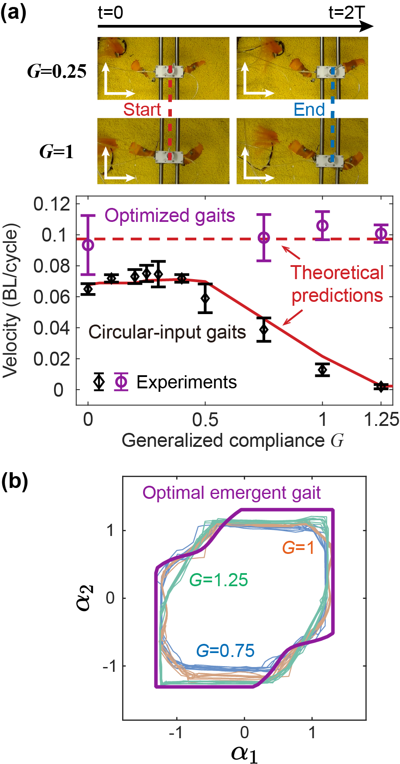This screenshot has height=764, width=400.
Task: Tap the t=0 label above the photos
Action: pyautogui.click(x=111, y=13)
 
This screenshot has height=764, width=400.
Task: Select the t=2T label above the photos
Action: pyautogui.click(x=346, y=13)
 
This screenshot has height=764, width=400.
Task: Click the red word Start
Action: pyautogui.click(x=142, y=109)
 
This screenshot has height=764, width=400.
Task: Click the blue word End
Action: pyautogui.click(x=309, y=109)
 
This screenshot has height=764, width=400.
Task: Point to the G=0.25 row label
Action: pyautogui.click(x=57, y=72)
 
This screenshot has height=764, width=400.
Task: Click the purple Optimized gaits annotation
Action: pyautogui.click(x=170, y=216)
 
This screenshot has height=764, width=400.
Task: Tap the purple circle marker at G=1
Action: pyautogui.click(x=322, y=225)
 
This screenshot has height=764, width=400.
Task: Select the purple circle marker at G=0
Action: pyautogui.click(x=88, y=245)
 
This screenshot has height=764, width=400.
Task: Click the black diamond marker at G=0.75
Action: pyautogui.click(x=263, y=329)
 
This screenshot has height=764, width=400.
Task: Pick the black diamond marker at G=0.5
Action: pyautogui.click(x=205, y=298)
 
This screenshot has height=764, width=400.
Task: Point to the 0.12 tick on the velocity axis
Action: pyautogui.click(x=52, y=204)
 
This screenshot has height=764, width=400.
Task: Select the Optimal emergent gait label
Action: pyautogui.click(x=232, y=493)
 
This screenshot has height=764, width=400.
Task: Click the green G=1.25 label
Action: pyautogui.click(x=219, y=580)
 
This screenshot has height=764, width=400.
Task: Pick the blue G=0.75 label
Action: pyautogui.click(x=225, y=650)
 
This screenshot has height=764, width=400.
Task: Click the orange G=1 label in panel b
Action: pyautogui.click(x=298, y=547)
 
